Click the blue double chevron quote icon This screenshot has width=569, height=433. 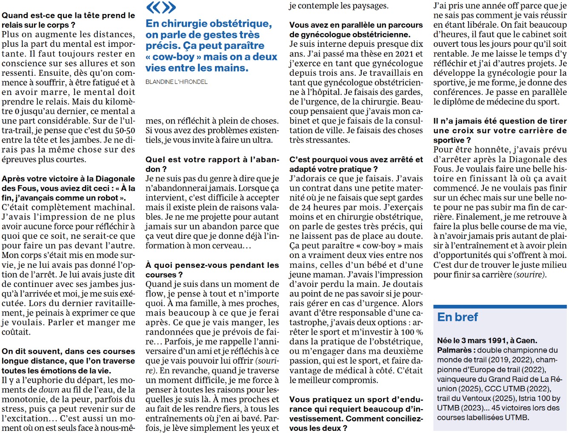point(160,7)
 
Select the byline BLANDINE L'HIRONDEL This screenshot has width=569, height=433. point(177,82)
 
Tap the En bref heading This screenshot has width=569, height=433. point(457,317)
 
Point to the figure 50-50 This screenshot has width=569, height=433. point(125,131)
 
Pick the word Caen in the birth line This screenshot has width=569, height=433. point(526,341)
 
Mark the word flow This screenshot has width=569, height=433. point(154,294)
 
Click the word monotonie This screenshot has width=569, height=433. point(24,399)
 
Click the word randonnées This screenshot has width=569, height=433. point(170,332)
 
